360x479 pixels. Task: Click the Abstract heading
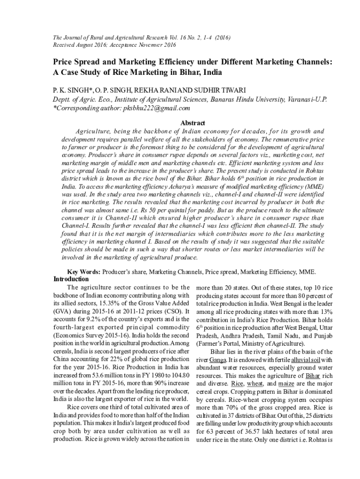(x=193, y=123)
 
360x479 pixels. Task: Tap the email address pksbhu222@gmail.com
(x=155, y=108)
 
